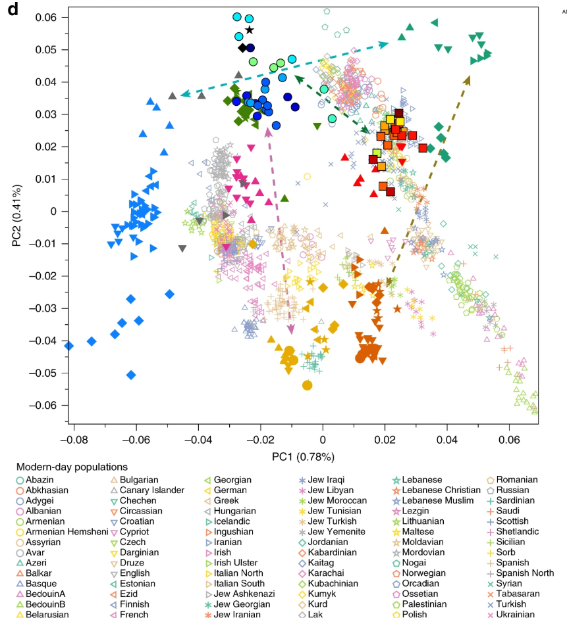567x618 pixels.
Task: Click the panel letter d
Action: tap(13, 9)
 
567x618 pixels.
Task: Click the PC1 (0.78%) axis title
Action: tap(303, 457)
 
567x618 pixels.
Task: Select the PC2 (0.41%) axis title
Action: tap(16, 215)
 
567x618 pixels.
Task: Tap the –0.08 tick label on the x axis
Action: tap(74, 439)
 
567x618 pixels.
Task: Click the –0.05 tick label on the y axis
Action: tap(43, 373)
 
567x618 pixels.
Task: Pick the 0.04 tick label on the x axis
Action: tap(447, 439)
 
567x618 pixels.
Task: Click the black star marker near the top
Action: tap(249, 30)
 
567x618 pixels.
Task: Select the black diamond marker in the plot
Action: tap(242, 48)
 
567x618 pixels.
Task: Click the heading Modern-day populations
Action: tap(72, 467)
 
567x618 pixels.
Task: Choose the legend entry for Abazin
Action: tap(35, 480)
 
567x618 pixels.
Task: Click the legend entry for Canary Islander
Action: tap(147, 490)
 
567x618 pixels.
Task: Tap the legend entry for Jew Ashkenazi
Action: tap(240, 594)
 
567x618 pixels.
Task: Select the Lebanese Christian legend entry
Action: tap(437, 490)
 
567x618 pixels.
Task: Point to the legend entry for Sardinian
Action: tap(511, 500)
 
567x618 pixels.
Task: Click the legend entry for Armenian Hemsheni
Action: tap(62, 532)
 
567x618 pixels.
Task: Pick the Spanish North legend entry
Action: tap(520, 573)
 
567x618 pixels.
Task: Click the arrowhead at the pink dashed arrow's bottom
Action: tap(291, 329)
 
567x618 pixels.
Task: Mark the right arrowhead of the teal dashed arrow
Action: tap(383, 45)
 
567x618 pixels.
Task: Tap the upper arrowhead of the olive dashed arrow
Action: tap(468, 80)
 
